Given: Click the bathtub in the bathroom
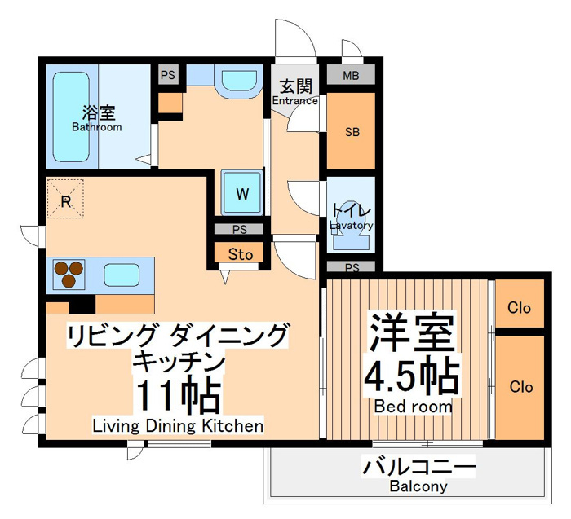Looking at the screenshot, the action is click(72, 117).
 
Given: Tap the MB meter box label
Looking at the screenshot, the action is click(351, 76).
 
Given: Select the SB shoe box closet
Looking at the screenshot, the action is click(351, 131).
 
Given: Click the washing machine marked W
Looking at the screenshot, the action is click(242, 193).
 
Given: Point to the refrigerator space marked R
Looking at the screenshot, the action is click(65, 199).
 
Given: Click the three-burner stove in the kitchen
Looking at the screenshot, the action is click(69, 275).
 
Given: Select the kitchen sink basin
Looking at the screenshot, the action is click(122, 275).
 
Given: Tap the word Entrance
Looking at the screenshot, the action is click(295, 100).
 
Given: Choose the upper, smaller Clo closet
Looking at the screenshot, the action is click(520, 304).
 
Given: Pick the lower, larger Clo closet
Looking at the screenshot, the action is click(520, 387).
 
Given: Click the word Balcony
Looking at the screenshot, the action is click(418, 486).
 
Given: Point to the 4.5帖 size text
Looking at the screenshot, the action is click(411, 376).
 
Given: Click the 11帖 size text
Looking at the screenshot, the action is click(178, 396).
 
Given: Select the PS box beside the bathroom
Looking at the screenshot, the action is click(168, 75).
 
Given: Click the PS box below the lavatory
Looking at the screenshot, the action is click(351, 267).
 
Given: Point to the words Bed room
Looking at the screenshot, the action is click(414, 407).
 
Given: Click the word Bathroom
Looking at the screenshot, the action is click(97, 127).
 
